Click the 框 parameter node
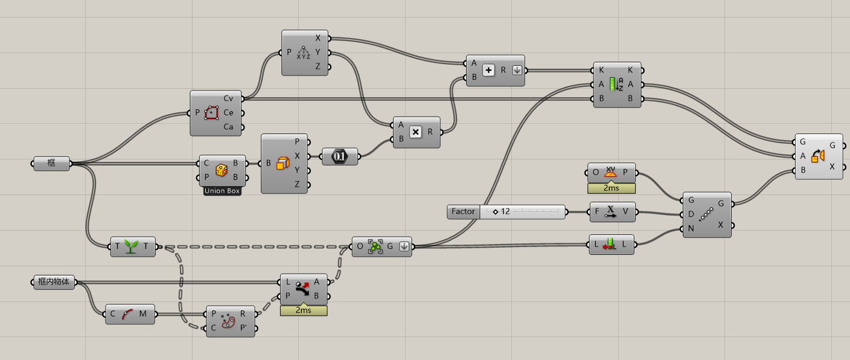[51, 163]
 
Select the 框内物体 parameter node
[54, 282]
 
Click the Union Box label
[222, 191]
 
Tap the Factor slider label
[463, 212]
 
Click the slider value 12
[505, 212]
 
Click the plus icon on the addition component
[489, 70]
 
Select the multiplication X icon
[415, 132]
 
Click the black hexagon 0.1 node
[339, 156]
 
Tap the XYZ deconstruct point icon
[304, 53]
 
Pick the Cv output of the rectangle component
[228, 98]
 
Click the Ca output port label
[228, 127]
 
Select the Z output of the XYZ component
[318, 67]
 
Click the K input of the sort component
[602, 70]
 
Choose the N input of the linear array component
[691, 229]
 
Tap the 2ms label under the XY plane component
[610, 188]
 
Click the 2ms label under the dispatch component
[303, 310]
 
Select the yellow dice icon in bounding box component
[221, 170]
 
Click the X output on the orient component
[832, 167]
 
